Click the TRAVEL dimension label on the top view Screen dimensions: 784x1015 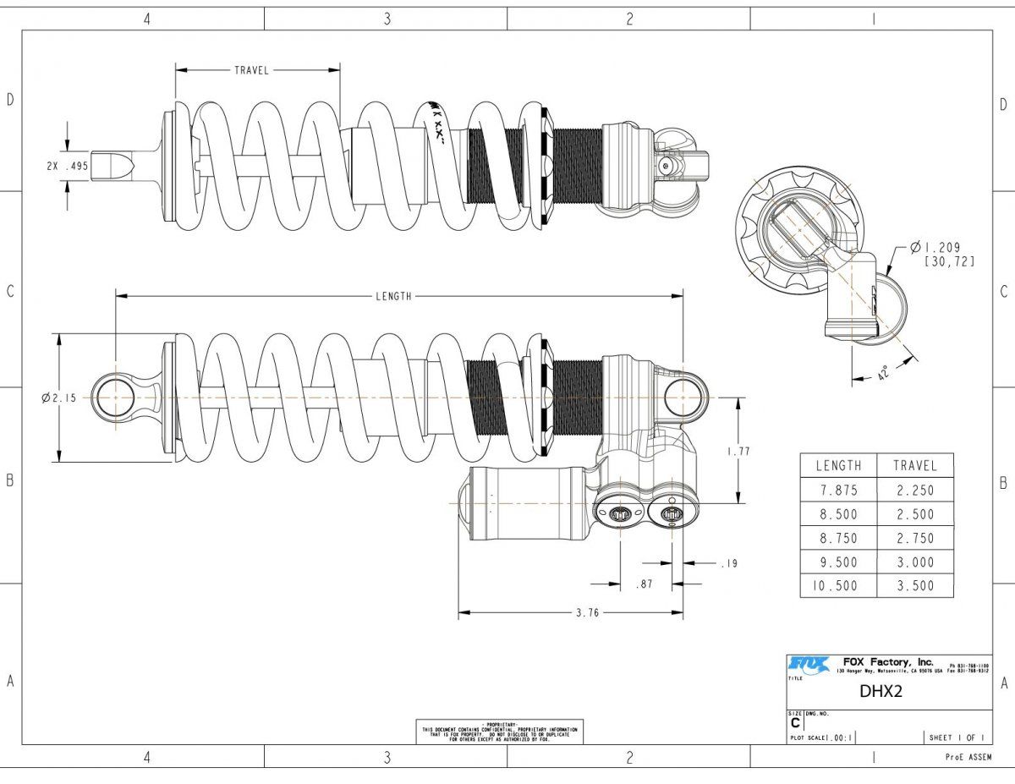pos(251,70)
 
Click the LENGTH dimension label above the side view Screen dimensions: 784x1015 pos(393,296)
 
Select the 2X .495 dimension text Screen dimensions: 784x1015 pos(68,166)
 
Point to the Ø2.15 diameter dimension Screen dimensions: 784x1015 pos(58,397)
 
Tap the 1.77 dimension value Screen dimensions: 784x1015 pos(738,452)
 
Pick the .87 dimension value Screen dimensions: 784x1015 pos(646,584)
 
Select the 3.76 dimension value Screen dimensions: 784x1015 pos(587,613)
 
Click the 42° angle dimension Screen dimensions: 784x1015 pos(885,372)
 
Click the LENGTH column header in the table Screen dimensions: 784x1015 pos(838,465)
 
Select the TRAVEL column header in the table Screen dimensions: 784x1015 pos(914,465)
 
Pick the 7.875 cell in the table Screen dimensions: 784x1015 pos(838,490)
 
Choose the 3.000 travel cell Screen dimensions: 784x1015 pos(914,562)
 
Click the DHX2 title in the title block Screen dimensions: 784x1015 pos(881,691)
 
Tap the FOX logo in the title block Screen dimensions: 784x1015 pos(809,665)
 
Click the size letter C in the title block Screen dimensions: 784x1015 pos(794,724)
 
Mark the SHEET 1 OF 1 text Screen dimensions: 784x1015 pos(957,737)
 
